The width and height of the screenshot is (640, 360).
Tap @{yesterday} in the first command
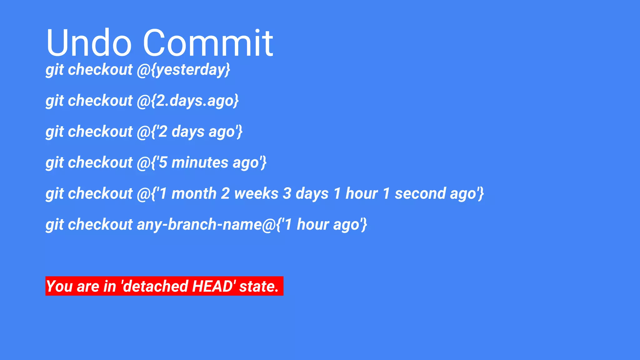point(183,70)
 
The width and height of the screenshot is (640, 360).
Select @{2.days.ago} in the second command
point(187,101)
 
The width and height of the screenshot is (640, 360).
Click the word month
point(194,193)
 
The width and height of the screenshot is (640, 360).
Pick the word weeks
point(256,193)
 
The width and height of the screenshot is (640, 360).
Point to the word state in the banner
point(258,286)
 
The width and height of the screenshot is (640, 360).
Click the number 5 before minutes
point(163,162)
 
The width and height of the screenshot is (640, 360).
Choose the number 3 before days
point(287,193)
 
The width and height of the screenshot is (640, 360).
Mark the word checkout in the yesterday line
point(100,70)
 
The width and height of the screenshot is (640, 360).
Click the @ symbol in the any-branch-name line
point(268,224)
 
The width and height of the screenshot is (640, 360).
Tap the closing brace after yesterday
point(227,70)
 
